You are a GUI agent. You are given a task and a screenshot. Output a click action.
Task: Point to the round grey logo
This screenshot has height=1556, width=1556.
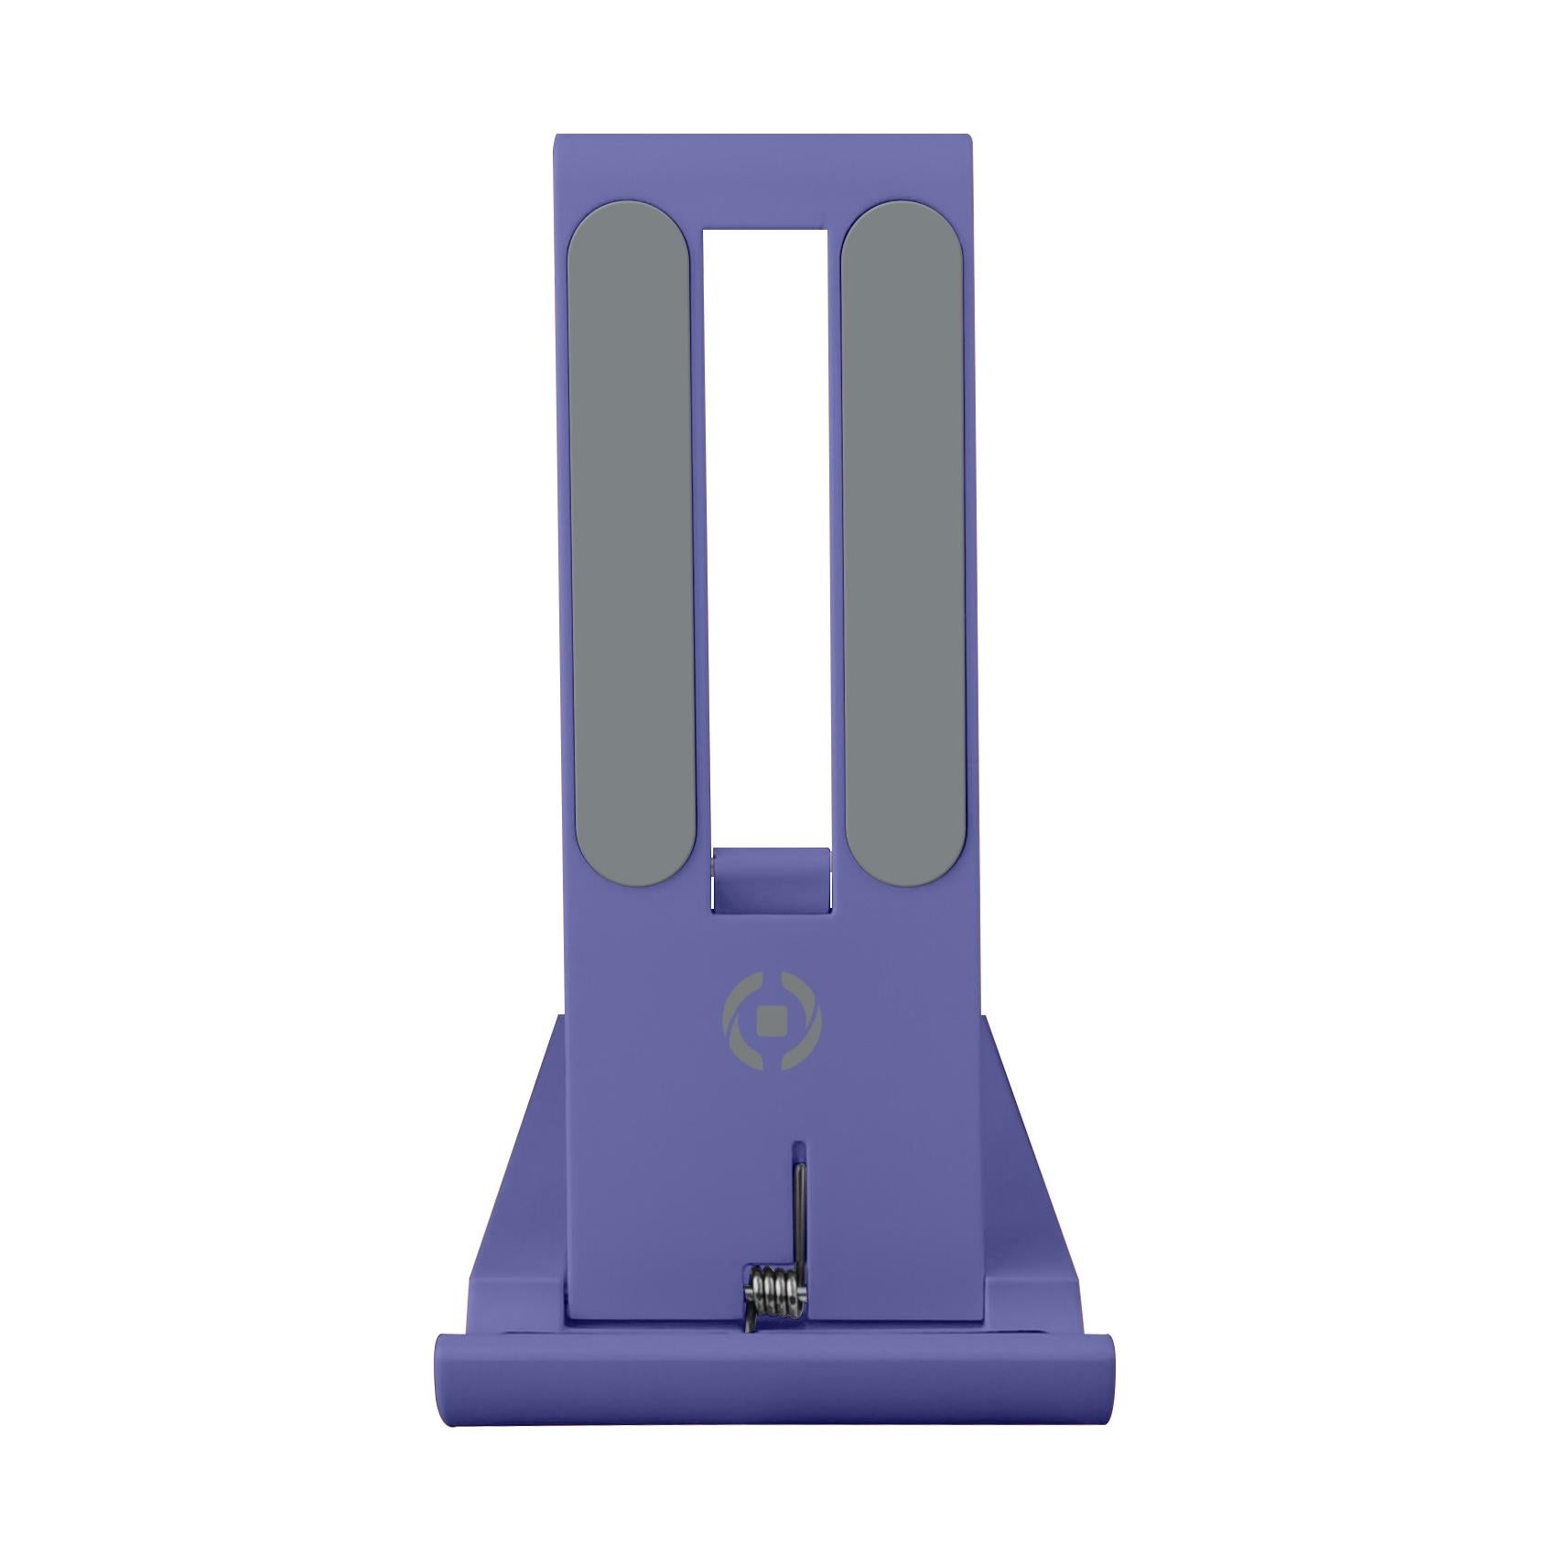point(772,1022)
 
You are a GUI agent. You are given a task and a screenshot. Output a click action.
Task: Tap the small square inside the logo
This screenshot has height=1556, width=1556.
point(772,1022)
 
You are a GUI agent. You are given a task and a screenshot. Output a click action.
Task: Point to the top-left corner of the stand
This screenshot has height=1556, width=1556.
point(558,139)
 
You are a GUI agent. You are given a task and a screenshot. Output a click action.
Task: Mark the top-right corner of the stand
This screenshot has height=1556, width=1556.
point(968,139)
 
